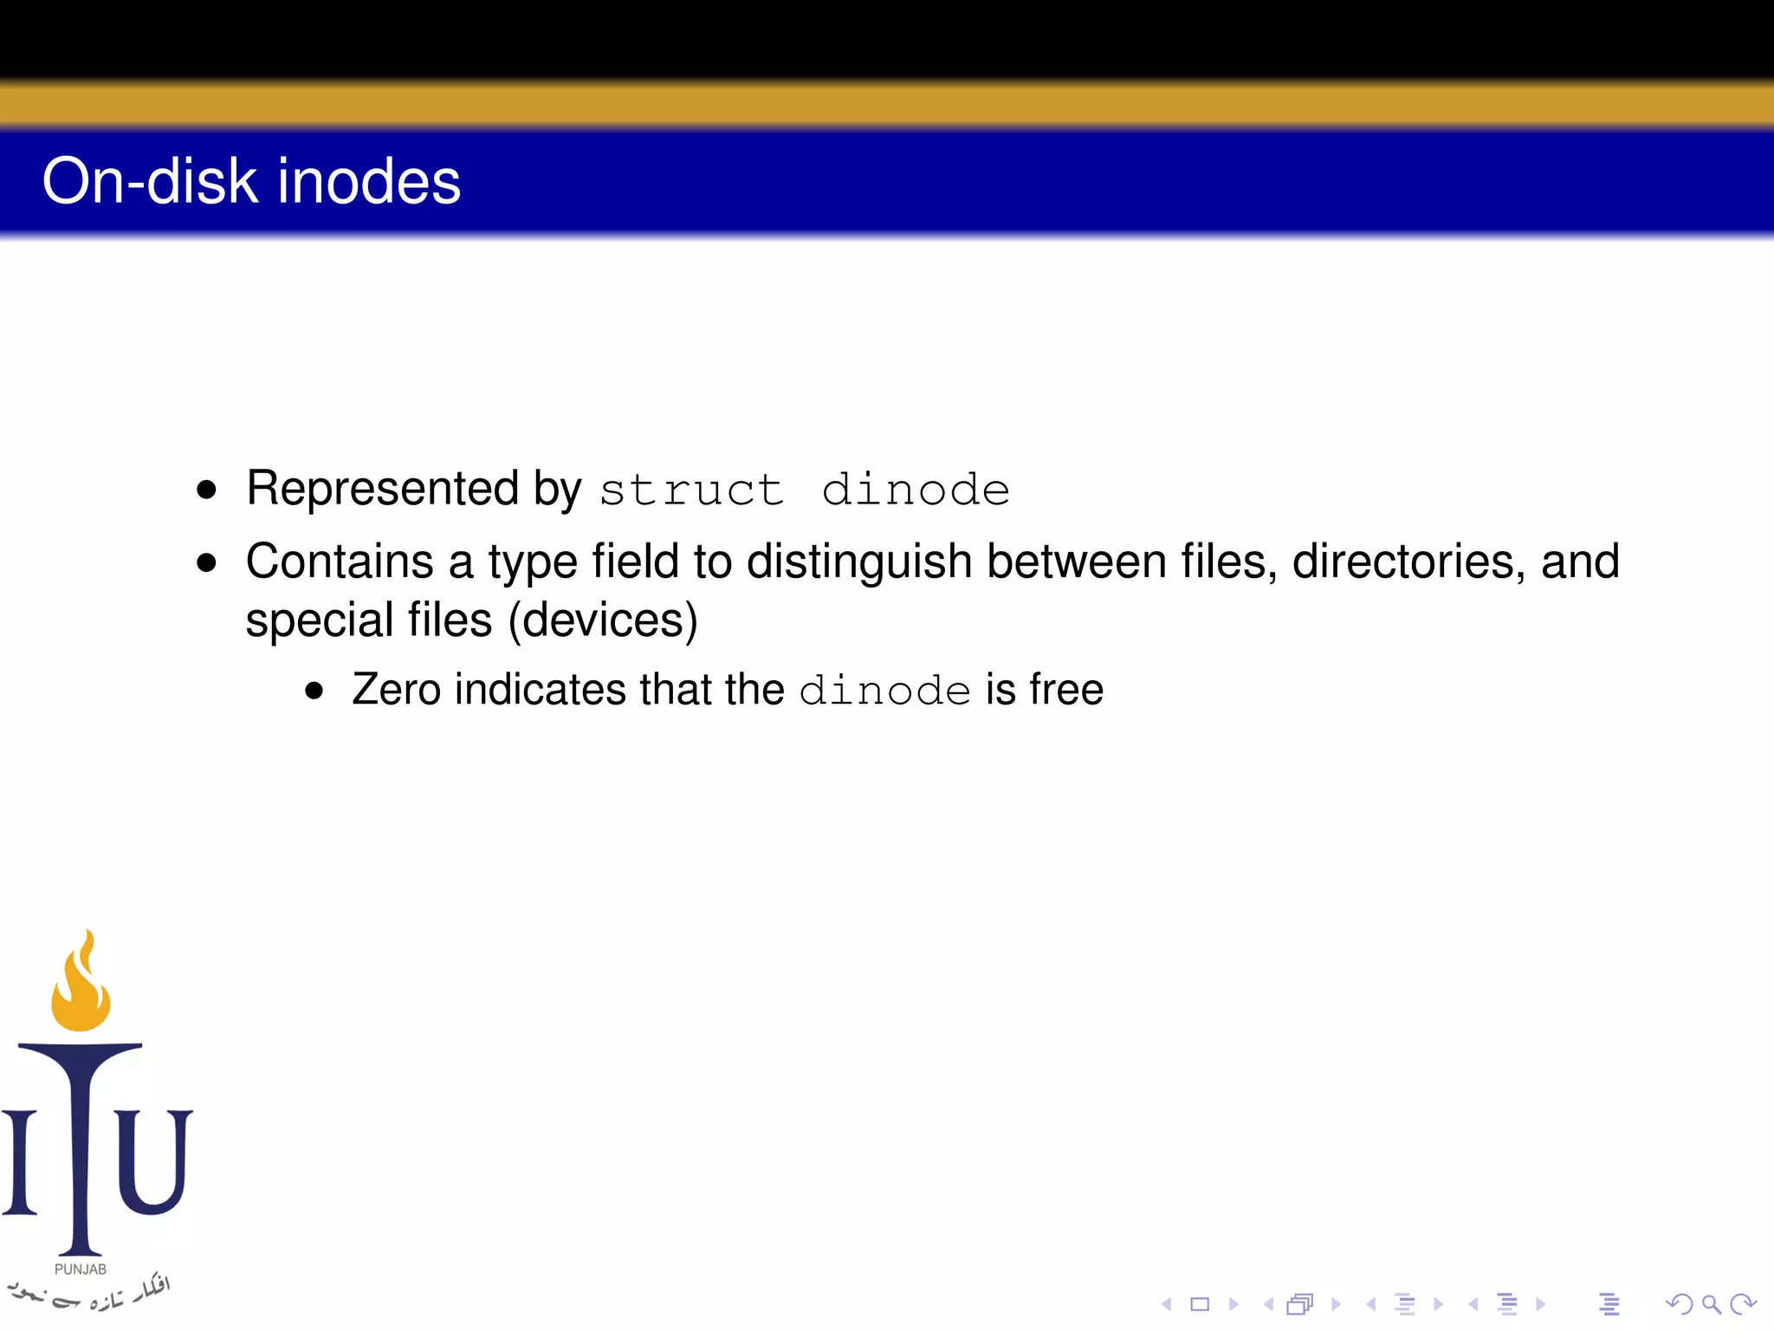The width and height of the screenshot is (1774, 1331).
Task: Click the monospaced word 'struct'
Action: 691,490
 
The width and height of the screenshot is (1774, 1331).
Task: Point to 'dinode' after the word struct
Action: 916,490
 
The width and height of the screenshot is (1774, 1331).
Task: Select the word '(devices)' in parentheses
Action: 603,620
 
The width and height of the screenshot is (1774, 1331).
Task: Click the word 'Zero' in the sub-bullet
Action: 397,690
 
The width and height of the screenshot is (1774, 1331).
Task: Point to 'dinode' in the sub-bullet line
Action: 884,691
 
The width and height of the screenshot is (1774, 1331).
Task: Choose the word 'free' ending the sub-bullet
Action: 1066,690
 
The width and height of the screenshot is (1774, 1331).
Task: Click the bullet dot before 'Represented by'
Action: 206,490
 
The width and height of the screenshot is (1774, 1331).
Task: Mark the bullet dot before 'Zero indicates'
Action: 314,691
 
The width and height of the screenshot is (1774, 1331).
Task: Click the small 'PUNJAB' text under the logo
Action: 81,1269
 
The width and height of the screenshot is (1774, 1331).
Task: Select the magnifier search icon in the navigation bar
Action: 1710,1304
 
